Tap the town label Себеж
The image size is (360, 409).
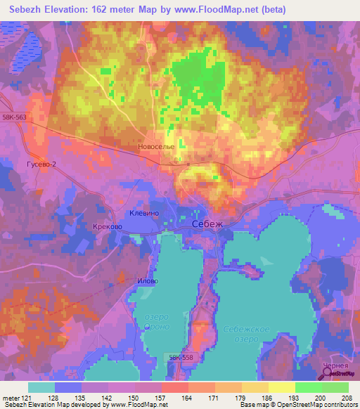207,223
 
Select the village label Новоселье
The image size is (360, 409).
157,148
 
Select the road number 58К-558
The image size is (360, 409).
181,358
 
